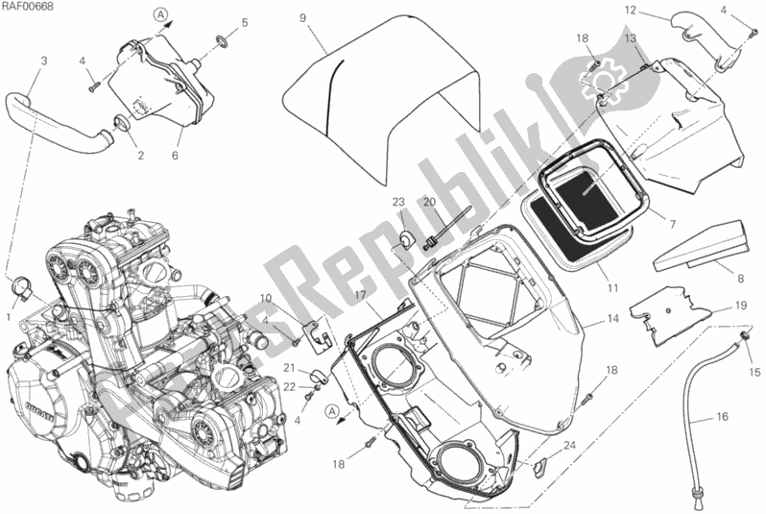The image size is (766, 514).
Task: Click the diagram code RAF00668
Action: tap(31, 9)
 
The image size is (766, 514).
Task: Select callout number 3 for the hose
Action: tap(44, 61)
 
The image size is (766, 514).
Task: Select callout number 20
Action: tap(429, 201)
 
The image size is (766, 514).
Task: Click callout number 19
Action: tap(740, 305)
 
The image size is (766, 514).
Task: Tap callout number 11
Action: tap(613, 286)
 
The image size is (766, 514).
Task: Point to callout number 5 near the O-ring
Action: tap(245, 21)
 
